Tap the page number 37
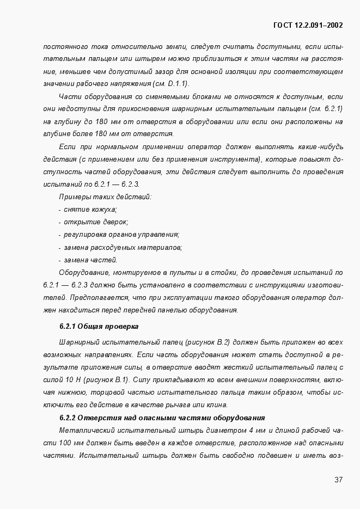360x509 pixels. tap(338, 480)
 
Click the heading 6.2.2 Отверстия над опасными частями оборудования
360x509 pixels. tap(162, 418)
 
